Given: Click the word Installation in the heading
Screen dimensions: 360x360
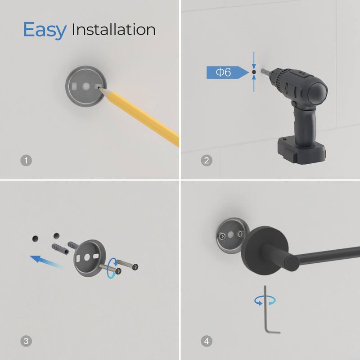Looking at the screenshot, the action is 114,30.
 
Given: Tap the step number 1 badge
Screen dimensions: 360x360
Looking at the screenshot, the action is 26,161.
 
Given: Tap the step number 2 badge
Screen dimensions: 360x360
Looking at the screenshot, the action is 207,161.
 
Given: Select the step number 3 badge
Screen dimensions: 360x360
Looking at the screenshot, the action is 26,341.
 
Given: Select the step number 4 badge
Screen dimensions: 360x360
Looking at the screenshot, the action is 207,341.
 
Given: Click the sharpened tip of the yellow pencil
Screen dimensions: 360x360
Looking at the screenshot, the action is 99,88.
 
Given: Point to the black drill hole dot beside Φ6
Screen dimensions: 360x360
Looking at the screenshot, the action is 254,72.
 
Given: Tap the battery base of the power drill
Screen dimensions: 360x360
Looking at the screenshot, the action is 301,151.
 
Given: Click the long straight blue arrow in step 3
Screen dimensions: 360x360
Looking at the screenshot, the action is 46,262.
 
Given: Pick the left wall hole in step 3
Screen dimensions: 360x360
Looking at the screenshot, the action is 36,239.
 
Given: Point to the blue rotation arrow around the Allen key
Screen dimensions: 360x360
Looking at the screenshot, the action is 265,301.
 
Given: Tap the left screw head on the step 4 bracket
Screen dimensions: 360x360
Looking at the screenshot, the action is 221,236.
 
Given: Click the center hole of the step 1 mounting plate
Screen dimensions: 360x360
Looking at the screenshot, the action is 86,86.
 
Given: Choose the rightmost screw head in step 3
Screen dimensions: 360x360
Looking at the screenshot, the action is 135,267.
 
